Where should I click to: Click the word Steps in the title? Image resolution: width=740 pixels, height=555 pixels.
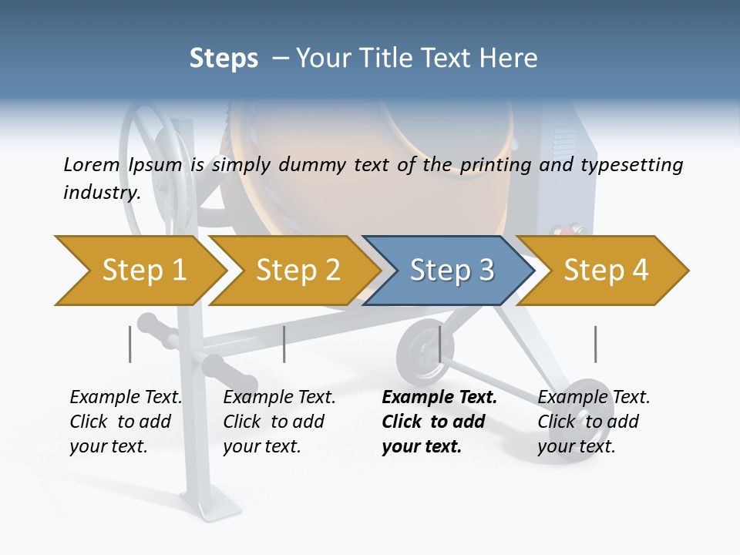coord(224,59)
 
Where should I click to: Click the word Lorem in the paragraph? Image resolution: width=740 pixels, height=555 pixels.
coord(91,164)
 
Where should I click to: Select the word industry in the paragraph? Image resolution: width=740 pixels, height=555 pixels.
coord(100,192)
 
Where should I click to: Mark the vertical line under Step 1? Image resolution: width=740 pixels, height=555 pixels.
coord(130,344)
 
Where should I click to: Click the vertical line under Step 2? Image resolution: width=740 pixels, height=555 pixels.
coord(284,344)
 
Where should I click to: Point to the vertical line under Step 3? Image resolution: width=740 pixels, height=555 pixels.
coord(439,344)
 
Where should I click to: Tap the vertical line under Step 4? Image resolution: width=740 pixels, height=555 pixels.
coord(595,344)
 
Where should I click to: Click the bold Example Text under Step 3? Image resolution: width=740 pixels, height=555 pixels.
coord(439,398)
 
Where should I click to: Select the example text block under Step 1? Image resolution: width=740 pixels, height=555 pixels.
coord(125,422)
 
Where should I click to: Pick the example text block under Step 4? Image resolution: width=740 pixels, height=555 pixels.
coord(593,422)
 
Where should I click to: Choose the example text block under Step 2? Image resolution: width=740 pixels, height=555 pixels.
coord(278,422)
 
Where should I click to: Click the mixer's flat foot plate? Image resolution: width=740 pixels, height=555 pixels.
coord(210,510)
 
